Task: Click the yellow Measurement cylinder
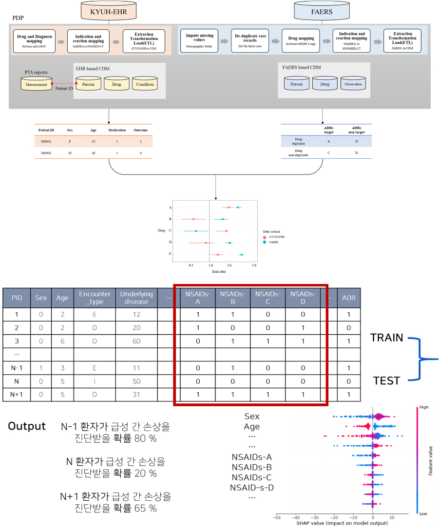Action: click(37, 84)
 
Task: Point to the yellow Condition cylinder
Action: click(145, 84)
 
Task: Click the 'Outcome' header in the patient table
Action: click(141, 130)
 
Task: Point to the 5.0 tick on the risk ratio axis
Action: click(253, 265)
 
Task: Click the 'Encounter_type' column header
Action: click(95, 298)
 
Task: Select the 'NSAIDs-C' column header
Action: click(267, 298)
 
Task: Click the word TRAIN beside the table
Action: click(386, 338)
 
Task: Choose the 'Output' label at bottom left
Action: click(27, 426)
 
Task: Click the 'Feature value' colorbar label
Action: click(431, 460)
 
